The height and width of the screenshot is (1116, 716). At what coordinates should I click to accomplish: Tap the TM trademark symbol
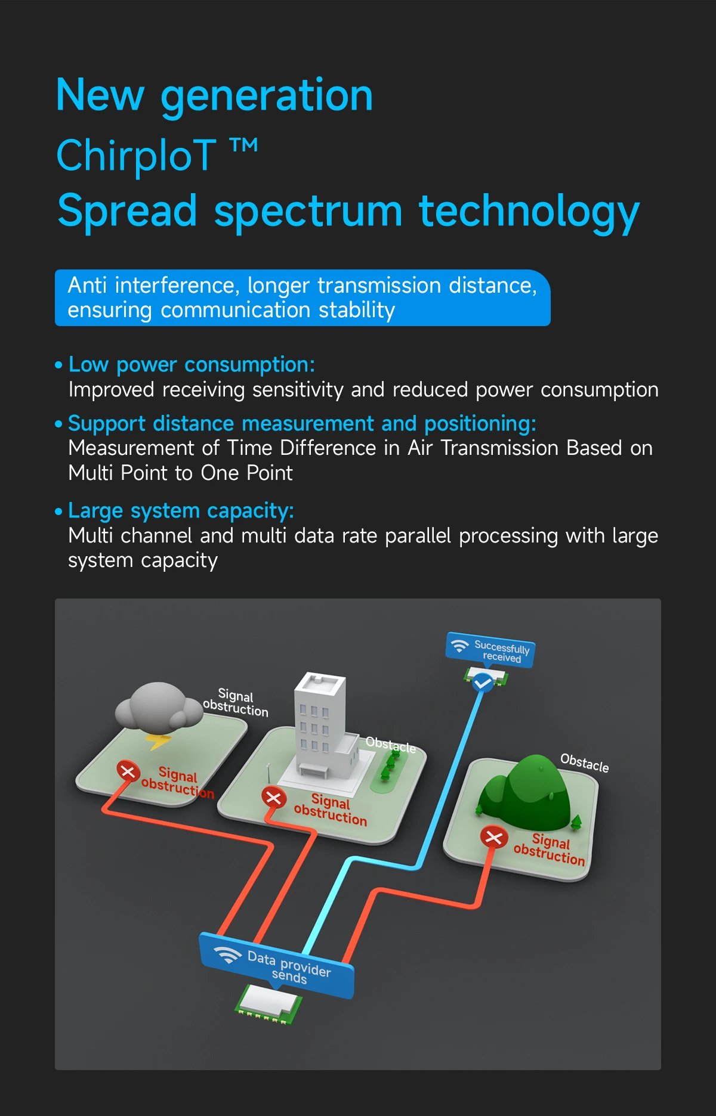click(x=244, y=145)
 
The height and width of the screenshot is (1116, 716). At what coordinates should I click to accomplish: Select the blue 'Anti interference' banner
click(x=303, y=297)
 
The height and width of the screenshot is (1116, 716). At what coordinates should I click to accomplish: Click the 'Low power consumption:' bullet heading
click(x=192, y=364)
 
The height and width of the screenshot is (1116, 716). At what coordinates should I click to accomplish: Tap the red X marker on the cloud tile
click(x=128, y=771)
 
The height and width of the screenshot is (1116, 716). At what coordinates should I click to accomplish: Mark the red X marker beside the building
click(x=273, y=798)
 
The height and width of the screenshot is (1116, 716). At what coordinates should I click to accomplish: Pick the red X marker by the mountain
click(x=494, y=838)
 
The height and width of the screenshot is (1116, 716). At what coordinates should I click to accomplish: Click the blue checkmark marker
click(x=483, y=682)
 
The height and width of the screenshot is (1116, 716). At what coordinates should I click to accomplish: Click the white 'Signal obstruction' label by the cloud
click(x=236, y=703)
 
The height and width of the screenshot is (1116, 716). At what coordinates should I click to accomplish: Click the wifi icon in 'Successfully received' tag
click(x=459, y=646)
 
